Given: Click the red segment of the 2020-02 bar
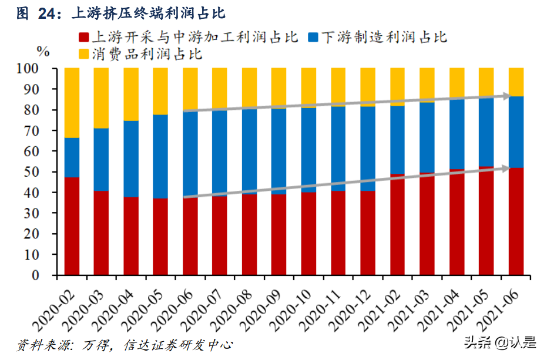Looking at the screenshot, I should point(72,226).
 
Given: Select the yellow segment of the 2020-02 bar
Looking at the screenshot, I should point(72,103).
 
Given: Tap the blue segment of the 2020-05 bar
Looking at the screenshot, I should point(160,156).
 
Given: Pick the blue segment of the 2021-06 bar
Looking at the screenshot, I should point(516,132).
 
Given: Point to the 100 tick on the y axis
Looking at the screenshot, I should point(44,69).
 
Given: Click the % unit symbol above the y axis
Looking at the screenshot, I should point(43,51).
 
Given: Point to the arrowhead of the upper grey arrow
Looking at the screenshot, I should point(506,95).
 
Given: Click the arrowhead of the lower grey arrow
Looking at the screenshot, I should point(506,168).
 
